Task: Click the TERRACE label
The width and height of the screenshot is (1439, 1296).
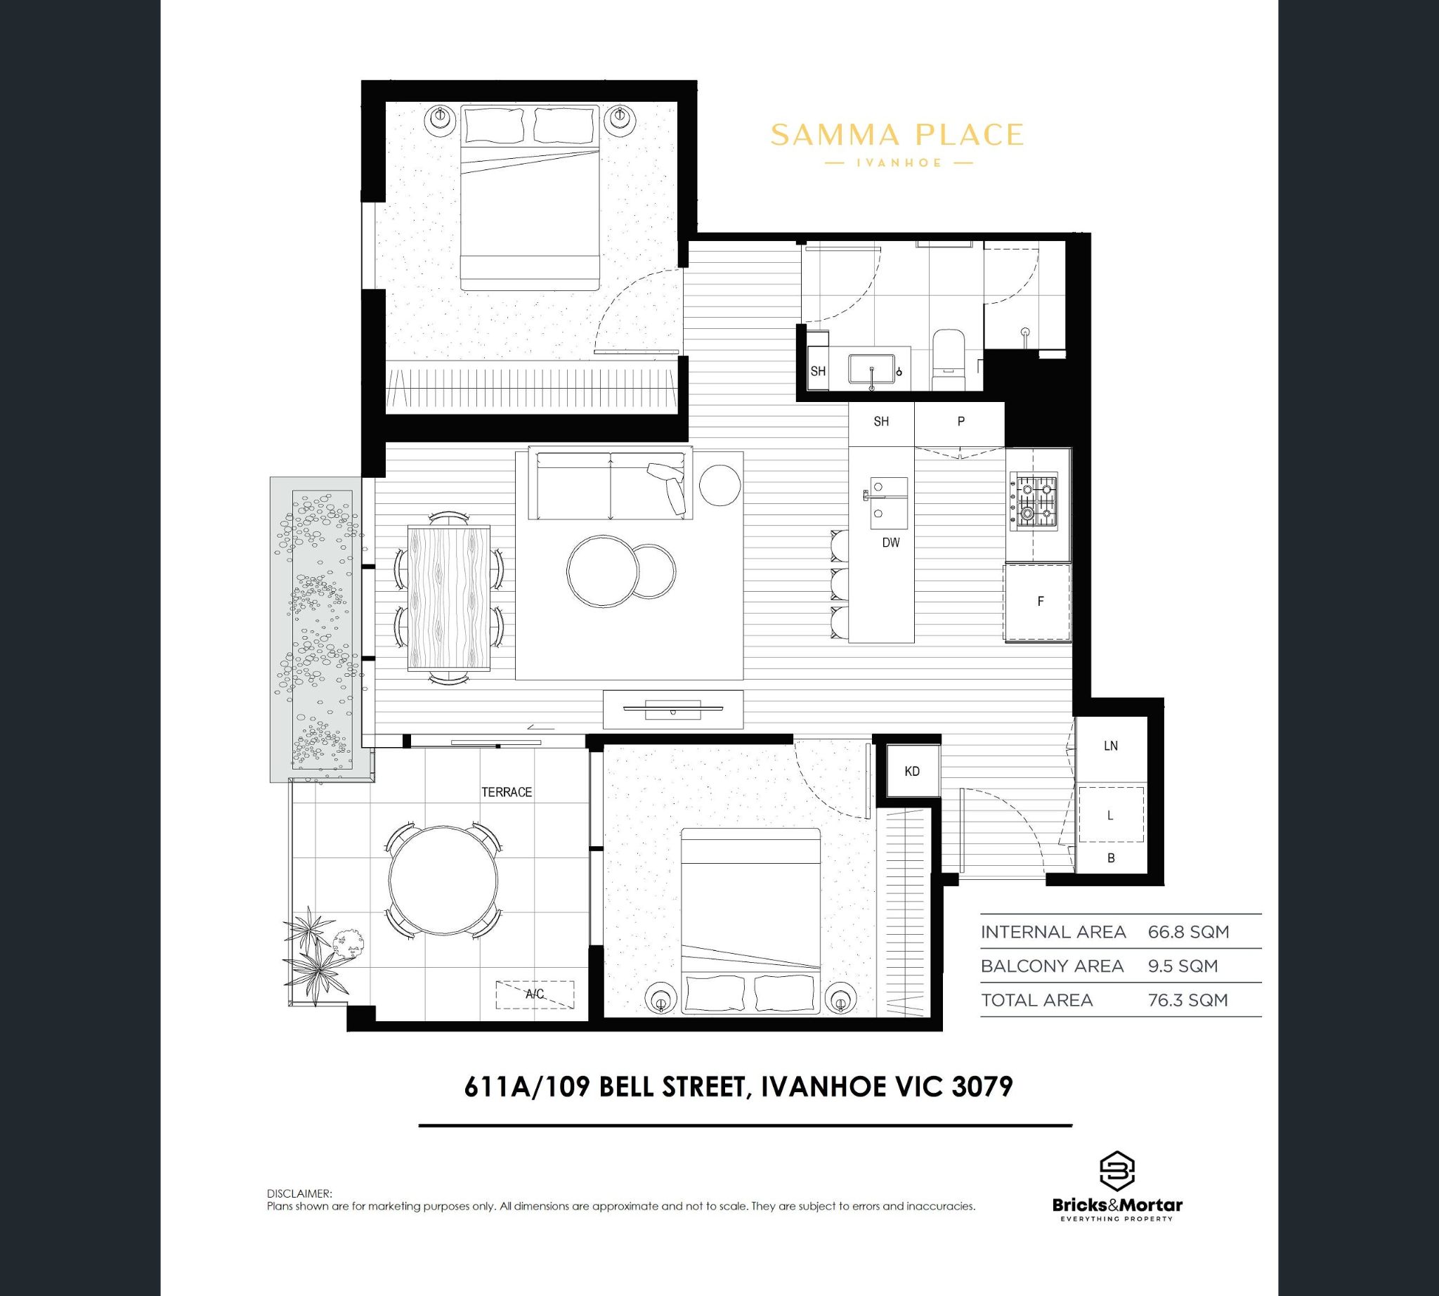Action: coord(506,792)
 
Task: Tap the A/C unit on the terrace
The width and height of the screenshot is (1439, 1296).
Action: coord(535,994)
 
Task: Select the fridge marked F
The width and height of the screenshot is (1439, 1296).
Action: coord(1038,602)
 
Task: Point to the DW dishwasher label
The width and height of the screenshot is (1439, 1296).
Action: coord(891,543)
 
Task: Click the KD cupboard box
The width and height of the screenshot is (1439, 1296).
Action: coord(911,771)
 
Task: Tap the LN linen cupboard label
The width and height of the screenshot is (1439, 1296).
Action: coord(1111,746)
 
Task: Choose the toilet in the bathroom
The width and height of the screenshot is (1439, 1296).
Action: coord(947,361)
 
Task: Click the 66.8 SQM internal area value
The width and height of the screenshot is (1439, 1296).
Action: coord(1188,931)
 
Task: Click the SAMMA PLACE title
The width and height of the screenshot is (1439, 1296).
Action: coord(897,134)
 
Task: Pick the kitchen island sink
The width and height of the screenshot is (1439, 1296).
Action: coord(888,503)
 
